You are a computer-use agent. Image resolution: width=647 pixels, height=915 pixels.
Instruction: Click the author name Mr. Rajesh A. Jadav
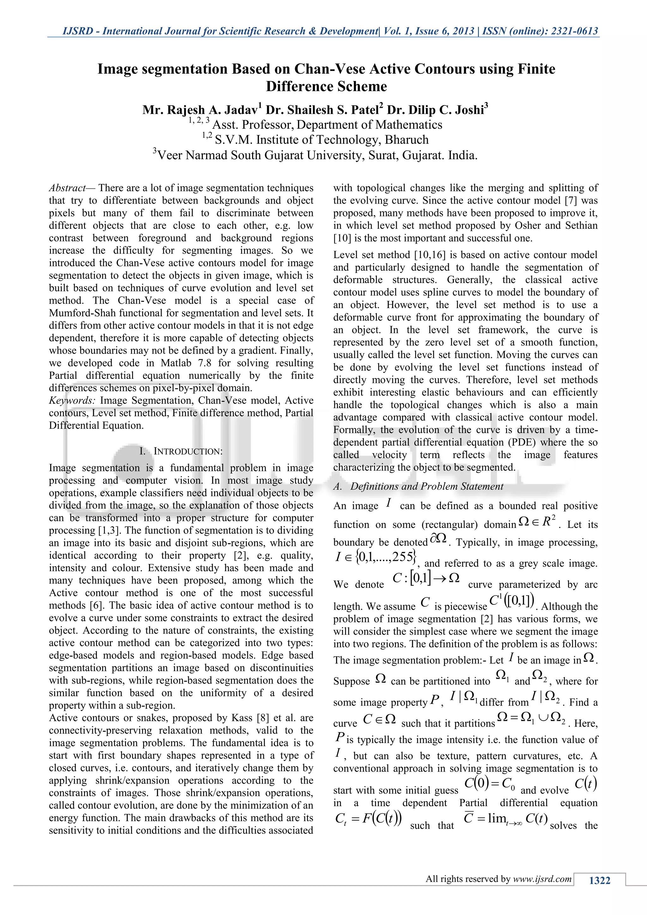pos(202,110)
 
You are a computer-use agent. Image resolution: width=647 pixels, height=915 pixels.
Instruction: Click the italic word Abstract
pos(67,188)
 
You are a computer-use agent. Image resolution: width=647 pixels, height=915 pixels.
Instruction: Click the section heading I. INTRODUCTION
pos(181,451)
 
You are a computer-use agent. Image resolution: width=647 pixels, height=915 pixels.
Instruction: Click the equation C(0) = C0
pos(490,784)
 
